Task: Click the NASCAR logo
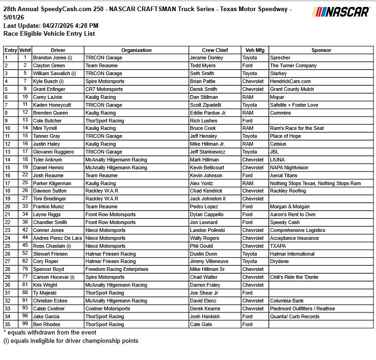click(x=341, y=12)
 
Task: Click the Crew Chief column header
click(x=214, y=50)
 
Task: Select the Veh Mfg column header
click(x=254, y=50)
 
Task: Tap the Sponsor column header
click(x=321, y=50)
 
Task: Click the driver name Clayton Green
click(x=49, y=66)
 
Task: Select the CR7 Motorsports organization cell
click(x=104, y=90)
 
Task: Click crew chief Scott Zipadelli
click(x=208, y=105)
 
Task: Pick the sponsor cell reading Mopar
click(x=277, y=97)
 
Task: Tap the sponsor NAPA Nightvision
click(x=289, y=168)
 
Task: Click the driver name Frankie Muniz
click(x=49, y=207)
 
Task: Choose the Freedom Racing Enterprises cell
click(x=117, y=270)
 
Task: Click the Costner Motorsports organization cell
click(x=108, y=309)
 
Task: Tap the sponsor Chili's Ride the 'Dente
click(x=295, y=277)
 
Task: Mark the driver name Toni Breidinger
click(x=50, y=199)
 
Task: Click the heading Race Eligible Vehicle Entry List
click(x=49, y=33)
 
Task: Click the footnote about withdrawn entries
click(x=50, y=333)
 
